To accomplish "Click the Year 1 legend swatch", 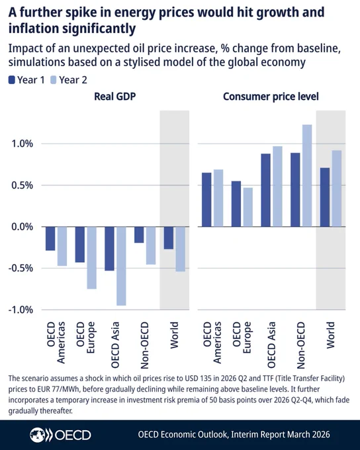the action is (x=11, y=80).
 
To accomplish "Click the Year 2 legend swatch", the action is (x=54, y=80).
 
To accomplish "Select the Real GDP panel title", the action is (x=115, y=97).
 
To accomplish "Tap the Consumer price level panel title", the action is (x=271, y=97).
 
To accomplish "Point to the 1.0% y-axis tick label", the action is (x=22, y=144).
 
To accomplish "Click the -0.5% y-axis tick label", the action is (x=21, y=268).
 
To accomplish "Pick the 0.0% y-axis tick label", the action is (x=22, y=227).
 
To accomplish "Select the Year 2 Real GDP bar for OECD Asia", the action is (x=121, y=266).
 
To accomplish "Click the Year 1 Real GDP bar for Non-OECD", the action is (x=139, y=235).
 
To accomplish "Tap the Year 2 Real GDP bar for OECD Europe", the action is (x=91, y=257).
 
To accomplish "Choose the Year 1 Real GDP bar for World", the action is (x=169, y=238).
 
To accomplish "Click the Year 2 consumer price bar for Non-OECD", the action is (x=307, y=175).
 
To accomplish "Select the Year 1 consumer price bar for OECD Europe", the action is (x=236, y=204).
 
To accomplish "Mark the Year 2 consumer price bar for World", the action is (x=337, y=189).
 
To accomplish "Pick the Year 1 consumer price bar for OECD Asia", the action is (x=266, y=191).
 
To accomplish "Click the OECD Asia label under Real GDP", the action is (x=115, y=345).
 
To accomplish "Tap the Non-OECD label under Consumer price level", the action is (x=300, y=345).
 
